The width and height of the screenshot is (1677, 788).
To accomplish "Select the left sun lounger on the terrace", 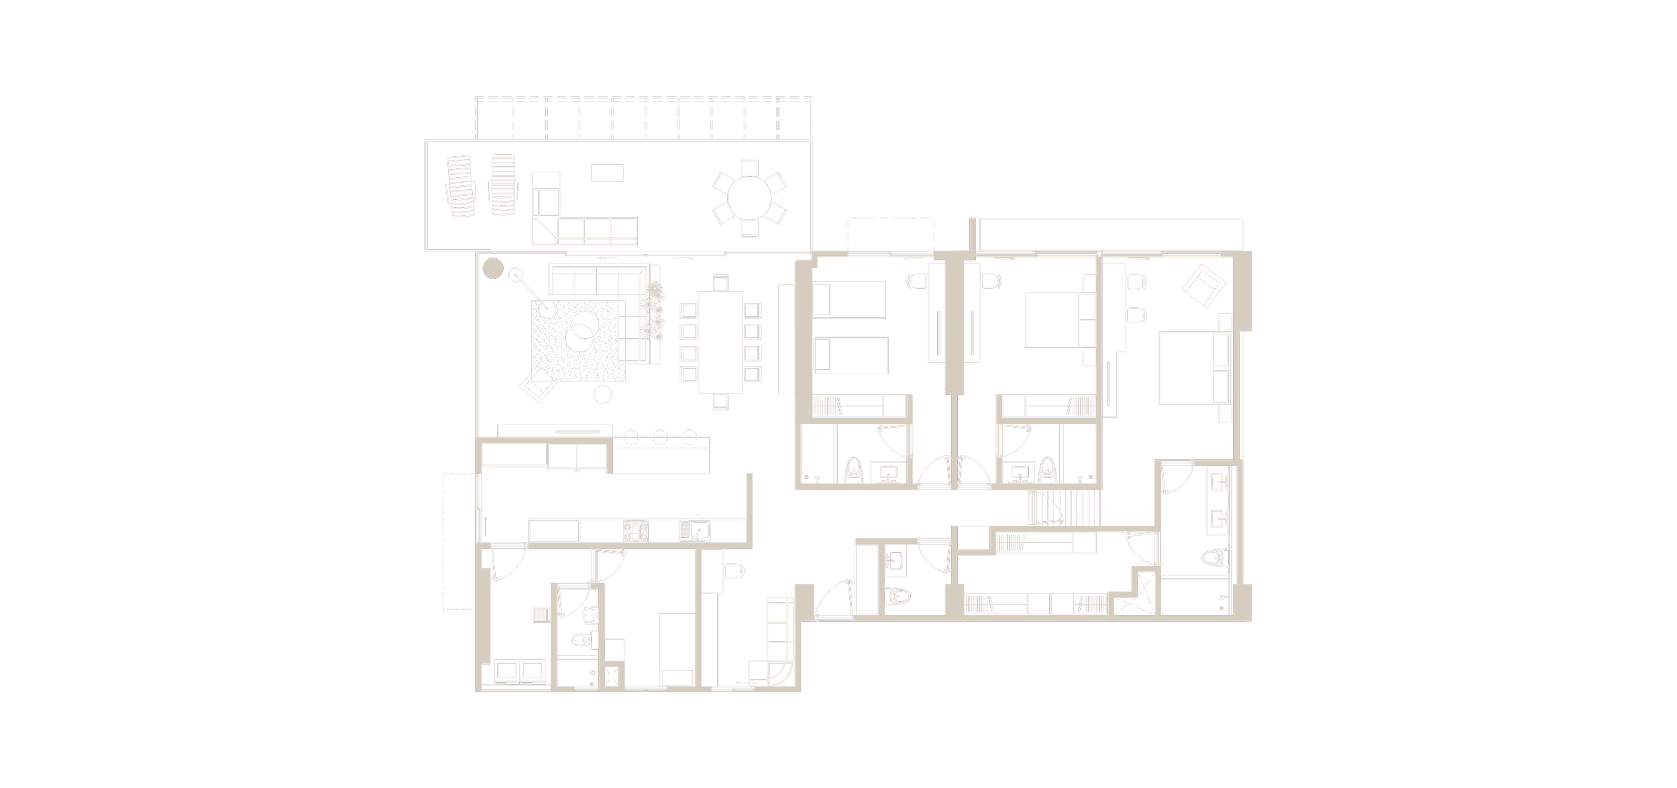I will tap(460, 186).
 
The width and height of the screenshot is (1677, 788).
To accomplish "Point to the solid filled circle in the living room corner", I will tap(493, 269).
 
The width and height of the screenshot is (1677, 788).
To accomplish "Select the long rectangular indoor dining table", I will tap(720, 342).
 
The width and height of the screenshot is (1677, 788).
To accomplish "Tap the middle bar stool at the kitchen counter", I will tap(660, 438).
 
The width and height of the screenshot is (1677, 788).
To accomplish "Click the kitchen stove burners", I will tap(635, 531).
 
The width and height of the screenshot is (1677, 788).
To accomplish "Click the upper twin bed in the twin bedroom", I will tap(849, 299).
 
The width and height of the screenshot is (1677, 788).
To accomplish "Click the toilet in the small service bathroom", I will tap(580, 640).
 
